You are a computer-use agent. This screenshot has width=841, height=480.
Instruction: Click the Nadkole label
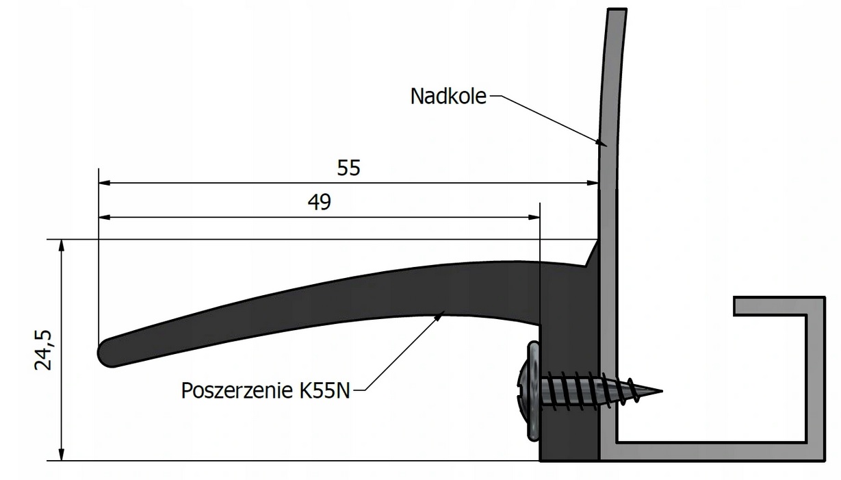tap(448, 96)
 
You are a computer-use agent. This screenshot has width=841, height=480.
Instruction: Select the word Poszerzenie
tap(237, 390)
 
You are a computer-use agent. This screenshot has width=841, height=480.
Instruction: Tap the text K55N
tap(324, 390)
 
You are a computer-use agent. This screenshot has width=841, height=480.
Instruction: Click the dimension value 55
tap(348, 168)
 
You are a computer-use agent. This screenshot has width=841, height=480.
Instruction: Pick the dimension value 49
tap(319, 202)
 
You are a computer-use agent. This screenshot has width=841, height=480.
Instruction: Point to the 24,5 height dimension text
tap(43, 350)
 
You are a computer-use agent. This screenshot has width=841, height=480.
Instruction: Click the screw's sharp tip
tap(662, 391)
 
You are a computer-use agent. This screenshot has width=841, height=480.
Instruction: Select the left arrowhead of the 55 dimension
tap(105, 183)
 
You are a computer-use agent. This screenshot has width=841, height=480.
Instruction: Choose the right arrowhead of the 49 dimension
tap(534, 217)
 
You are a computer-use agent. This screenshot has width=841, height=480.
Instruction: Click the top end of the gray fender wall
tap(617, 10)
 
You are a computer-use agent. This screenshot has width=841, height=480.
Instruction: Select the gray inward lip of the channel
tap(770, 306)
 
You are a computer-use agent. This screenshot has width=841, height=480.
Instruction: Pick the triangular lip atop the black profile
tap(593, 253)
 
